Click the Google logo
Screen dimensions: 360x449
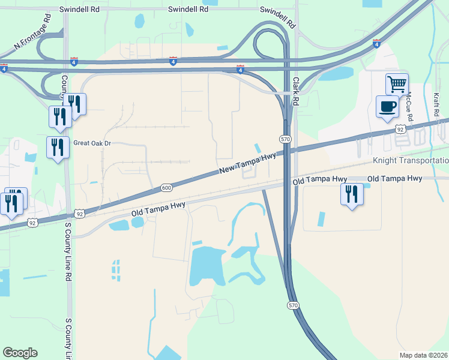[x=20, y=353]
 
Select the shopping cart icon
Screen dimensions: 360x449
[x=397, y=85]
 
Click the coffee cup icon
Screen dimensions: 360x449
[x=387, y=106]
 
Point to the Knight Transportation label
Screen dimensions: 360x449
[x=411, y=161]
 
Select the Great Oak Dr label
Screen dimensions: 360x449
[x=92, y=143]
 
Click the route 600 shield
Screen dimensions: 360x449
[x=166, y=188]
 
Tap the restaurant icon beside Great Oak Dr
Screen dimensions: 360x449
[x=58, y=147]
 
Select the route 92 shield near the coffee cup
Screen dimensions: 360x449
[x=400, y=129]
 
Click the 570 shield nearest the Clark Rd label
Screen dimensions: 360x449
[x=286, y=139]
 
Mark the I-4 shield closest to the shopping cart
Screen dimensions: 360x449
[x=376, y=43]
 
